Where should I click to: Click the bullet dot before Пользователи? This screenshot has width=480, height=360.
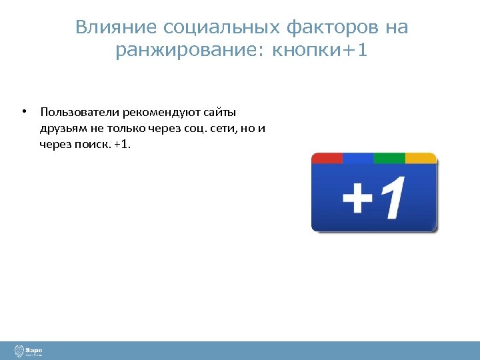[x=23, y=111]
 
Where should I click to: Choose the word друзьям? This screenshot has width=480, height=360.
[x=63, y=128]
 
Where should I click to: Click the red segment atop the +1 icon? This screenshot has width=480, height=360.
[x=327, y=159]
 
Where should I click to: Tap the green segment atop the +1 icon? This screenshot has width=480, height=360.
[x=389, y=159]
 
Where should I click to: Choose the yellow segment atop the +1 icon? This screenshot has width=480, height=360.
[x=421, y=159]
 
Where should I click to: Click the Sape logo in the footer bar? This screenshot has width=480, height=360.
[x=29, y=350]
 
